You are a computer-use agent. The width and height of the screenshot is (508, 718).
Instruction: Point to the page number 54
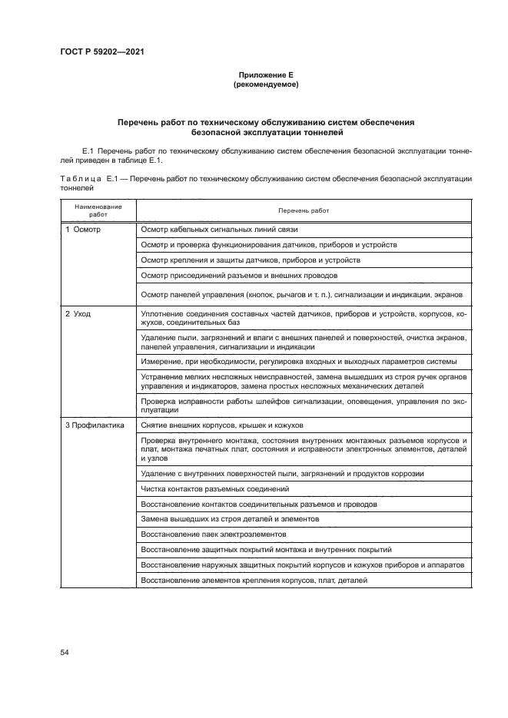65,652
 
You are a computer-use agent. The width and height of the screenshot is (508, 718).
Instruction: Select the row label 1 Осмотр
84,230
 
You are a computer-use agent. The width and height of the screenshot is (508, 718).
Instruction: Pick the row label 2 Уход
78,314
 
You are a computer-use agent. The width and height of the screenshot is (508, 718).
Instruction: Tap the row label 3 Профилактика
95,425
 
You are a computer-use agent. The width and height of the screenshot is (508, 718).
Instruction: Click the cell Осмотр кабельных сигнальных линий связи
214,230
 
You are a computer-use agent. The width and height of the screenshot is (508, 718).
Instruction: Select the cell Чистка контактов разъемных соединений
215,488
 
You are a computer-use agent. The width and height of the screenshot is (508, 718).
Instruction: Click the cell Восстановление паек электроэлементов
214,534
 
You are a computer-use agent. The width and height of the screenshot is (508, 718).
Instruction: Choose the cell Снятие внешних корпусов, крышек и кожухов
223,425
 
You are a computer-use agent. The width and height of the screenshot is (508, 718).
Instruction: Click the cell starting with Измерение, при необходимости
299,361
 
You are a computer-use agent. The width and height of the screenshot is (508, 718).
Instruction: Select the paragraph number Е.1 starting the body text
87,151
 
